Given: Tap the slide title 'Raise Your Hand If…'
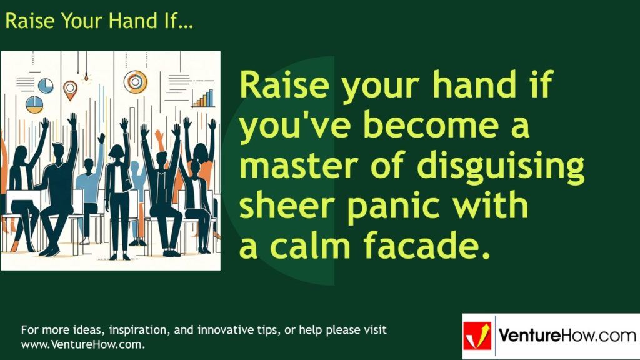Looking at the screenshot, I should click(99, 21).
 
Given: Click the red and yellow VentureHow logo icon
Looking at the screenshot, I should click(477, 336).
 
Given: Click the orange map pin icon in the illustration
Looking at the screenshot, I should click(70, 89).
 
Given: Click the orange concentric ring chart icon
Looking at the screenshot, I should click(135, 81).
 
